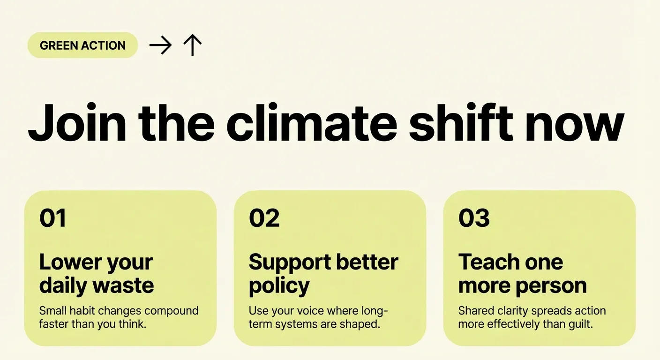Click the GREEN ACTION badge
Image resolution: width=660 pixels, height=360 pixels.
pyautogui.click(x=82, y=45)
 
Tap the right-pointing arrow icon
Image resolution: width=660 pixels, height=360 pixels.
pyautogui.click(x=160, y=45)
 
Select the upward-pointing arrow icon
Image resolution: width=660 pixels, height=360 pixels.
pyautogui.click(x=192, y=45)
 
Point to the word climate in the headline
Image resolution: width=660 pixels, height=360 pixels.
pyautogui.click(x=312, y=122)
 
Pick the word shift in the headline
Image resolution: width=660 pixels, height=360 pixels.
pyautogui.click(x=461, y=122)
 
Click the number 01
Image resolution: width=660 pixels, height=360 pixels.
pyautogui.click(x=53, y=218)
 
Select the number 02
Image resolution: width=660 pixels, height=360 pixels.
pyautogui.click(x=264, y=218)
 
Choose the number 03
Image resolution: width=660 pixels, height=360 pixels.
pyautogui.click(x=474, y=218)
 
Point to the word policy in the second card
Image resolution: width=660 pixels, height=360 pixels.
pyautogui.click(x=279, y=286)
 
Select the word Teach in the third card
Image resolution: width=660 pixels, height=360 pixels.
pyautogui.click(x=486, y=262)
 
